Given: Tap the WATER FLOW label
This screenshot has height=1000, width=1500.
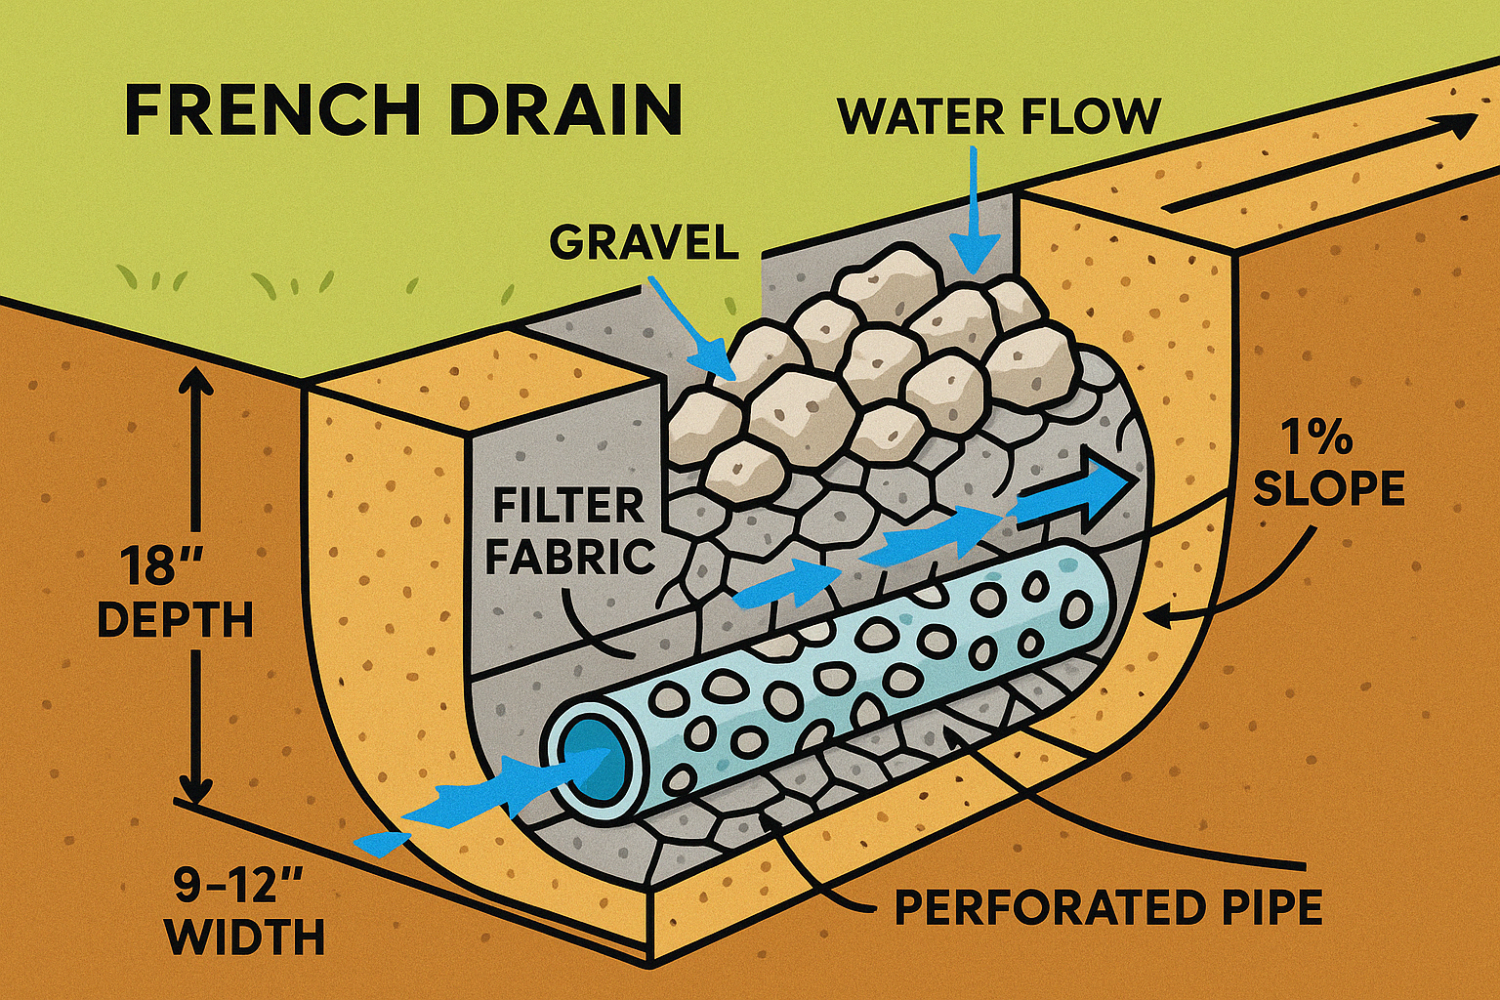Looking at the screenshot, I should pyautogui.click(x=999, y=116).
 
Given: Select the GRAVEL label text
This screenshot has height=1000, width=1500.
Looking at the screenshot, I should pyautogui.click(x=644, y=241).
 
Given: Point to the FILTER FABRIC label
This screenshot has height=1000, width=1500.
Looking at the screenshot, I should pyautogui.click(x=568, y=532).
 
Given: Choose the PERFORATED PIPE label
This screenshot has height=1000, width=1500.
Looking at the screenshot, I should pyautogui.click(x=1108, y=907).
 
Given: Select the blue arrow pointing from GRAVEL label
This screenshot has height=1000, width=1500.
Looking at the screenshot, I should pyautogui.click(x=693, y=332).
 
